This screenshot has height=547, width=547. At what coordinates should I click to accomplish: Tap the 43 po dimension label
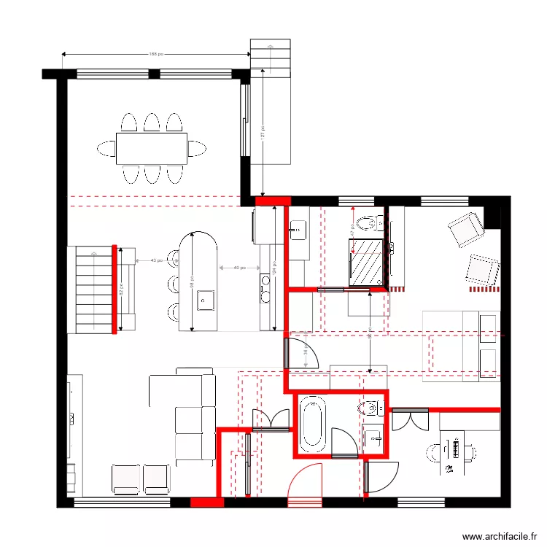[156, 260]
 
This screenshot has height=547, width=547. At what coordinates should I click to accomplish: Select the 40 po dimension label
[238, 268]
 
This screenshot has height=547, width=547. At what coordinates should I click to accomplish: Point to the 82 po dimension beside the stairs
[122, 290]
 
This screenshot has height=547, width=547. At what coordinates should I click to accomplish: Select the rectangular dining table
[151, 149]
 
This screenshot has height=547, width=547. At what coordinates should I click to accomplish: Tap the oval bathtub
[312, 423]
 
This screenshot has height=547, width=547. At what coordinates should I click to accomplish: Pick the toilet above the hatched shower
[367, 222]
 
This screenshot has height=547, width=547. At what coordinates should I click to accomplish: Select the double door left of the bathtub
[271, 419]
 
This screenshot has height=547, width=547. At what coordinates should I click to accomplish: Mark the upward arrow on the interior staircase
[93, 255]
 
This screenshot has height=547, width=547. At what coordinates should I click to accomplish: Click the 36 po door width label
[305, 352]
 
